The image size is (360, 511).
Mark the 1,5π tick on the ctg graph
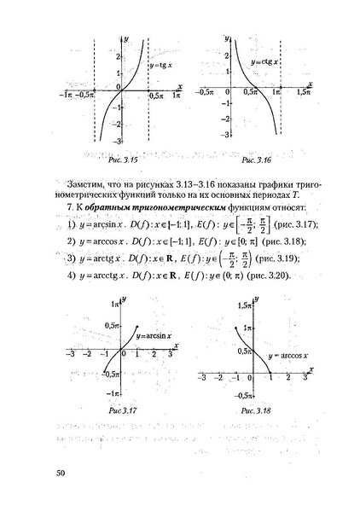[x=305, y=91]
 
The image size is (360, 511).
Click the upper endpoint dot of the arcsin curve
[x=139, y=325]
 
